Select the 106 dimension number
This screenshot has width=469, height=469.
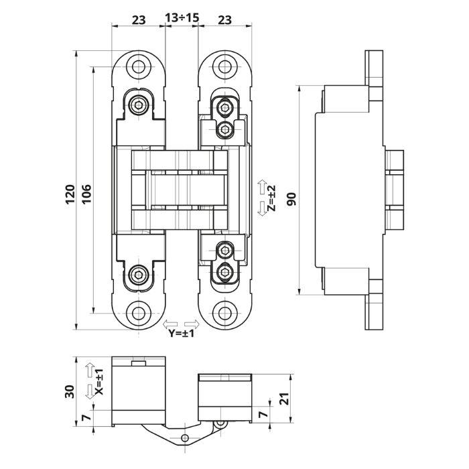click(86, 193)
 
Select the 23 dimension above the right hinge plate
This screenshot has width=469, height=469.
click(224, 19)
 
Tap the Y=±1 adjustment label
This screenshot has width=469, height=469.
click(181, 333)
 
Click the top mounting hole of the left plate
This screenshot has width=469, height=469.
click(139, 67)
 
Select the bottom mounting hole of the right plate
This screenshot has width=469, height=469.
click(224, 312)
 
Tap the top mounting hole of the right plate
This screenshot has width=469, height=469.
click(224, 67)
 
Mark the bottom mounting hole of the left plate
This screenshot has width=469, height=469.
click(139, 312)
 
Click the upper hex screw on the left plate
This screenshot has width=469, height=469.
click(139, 104)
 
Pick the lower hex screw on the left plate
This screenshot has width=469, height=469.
click(139, 275)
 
